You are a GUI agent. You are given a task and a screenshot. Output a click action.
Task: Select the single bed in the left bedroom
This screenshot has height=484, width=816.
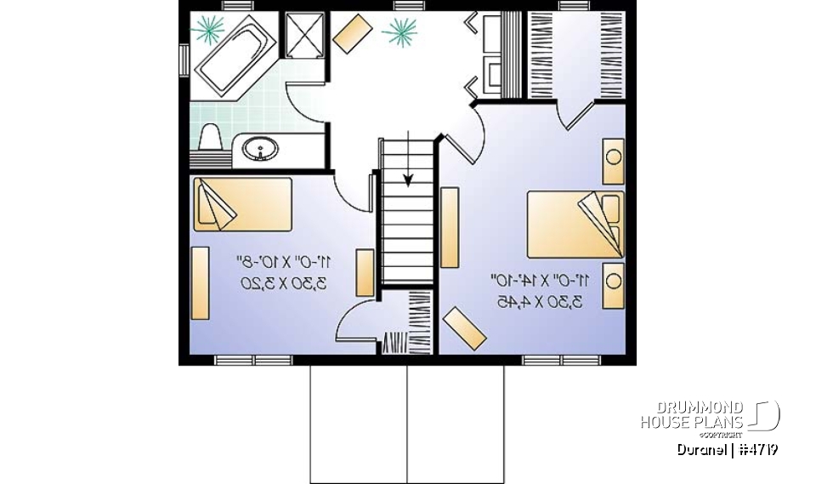pyautogui.click(x=241, y=204)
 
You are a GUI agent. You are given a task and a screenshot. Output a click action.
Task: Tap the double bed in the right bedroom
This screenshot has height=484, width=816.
pyautogui.click(x=575, y=224)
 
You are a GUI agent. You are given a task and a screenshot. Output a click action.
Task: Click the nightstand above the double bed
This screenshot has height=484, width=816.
pyautogui.click(x=612, y=161)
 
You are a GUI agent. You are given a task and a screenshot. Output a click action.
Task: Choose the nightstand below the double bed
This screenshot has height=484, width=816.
pyautogui.click(x=612, y=286)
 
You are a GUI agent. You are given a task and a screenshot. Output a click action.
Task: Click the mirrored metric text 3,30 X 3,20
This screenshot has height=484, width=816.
pyautogui.click(x=284, y=283)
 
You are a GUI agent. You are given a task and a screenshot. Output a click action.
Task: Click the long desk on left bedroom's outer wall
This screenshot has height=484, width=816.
pyautogui.click(x=201, y=282)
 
